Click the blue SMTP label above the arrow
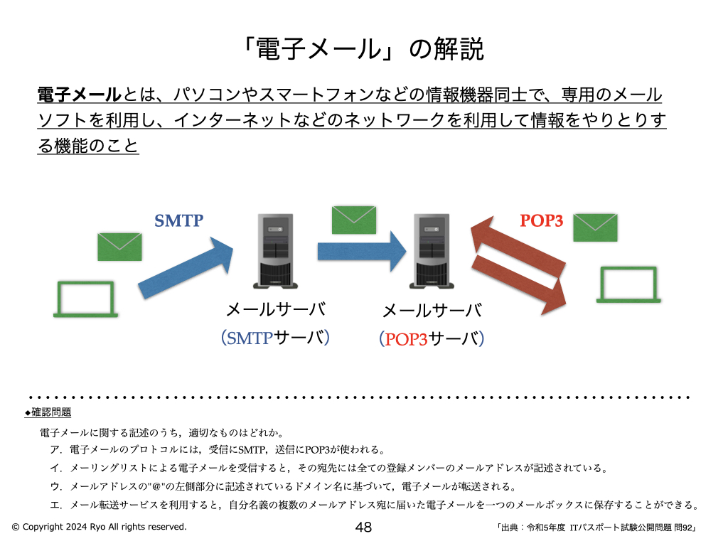[179, 220]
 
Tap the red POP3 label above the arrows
[542, 220]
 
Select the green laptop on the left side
[85, 299]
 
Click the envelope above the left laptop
[119, 246]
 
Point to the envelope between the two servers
[354, 219]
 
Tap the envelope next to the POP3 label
[595, 227]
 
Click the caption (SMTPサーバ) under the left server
[275, 338]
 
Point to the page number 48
[363, 527]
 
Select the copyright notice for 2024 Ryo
[99, 527]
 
